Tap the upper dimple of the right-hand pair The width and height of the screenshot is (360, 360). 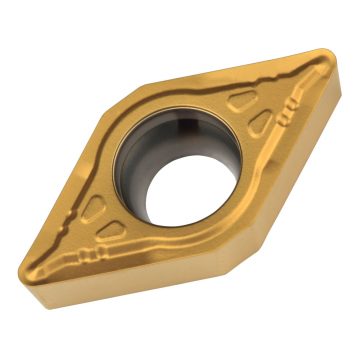tap(242, 101)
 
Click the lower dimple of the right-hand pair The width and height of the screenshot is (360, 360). tap(257, 122)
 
